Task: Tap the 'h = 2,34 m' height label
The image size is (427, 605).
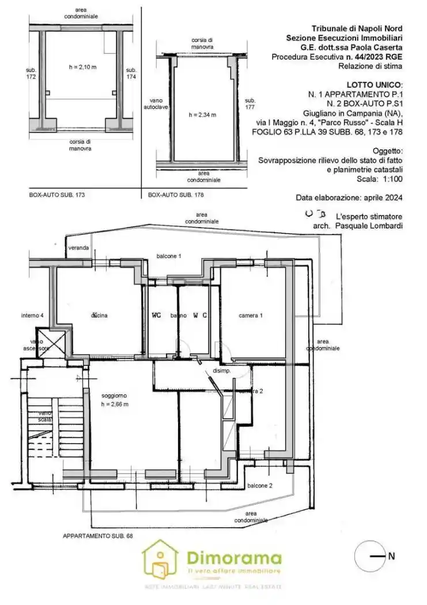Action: click(202, 115)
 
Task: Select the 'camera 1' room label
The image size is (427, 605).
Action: click(251, 315)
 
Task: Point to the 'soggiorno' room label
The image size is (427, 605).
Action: click(114, 396)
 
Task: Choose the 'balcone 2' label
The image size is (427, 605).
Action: click(260, 486)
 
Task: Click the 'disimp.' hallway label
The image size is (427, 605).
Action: click(222, 371)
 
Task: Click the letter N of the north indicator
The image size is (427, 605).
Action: click(391, 557)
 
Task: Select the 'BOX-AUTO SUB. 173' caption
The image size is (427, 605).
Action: click(57, 195)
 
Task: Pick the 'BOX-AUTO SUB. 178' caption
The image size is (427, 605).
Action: click(176, 195)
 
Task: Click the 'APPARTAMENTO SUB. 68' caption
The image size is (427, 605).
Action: click(97, 536)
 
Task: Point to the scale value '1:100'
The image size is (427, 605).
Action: click(390, 179)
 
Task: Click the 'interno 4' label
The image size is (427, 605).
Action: click(32, 315)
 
